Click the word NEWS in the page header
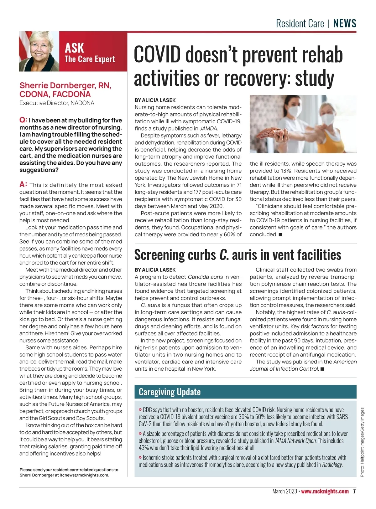pos(345,23)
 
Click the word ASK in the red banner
pos(74,48)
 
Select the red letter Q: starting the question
pos(23,120)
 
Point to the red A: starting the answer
pos(23,184)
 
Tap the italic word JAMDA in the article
pos(208,128)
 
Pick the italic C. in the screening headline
pos(224,255)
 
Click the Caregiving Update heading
pos(170,392)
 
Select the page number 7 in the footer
pos(354,491)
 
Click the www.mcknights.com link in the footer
pos(325,491)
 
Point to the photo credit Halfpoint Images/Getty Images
pos(362,442)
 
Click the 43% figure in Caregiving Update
pos(144,448)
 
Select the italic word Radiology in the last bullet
pos(332,465)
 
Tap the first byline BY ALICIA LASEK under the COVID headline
pos(155,100)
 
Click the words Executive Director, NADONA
pos(57,103)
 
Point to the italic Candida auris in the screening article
pos(205,277)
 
